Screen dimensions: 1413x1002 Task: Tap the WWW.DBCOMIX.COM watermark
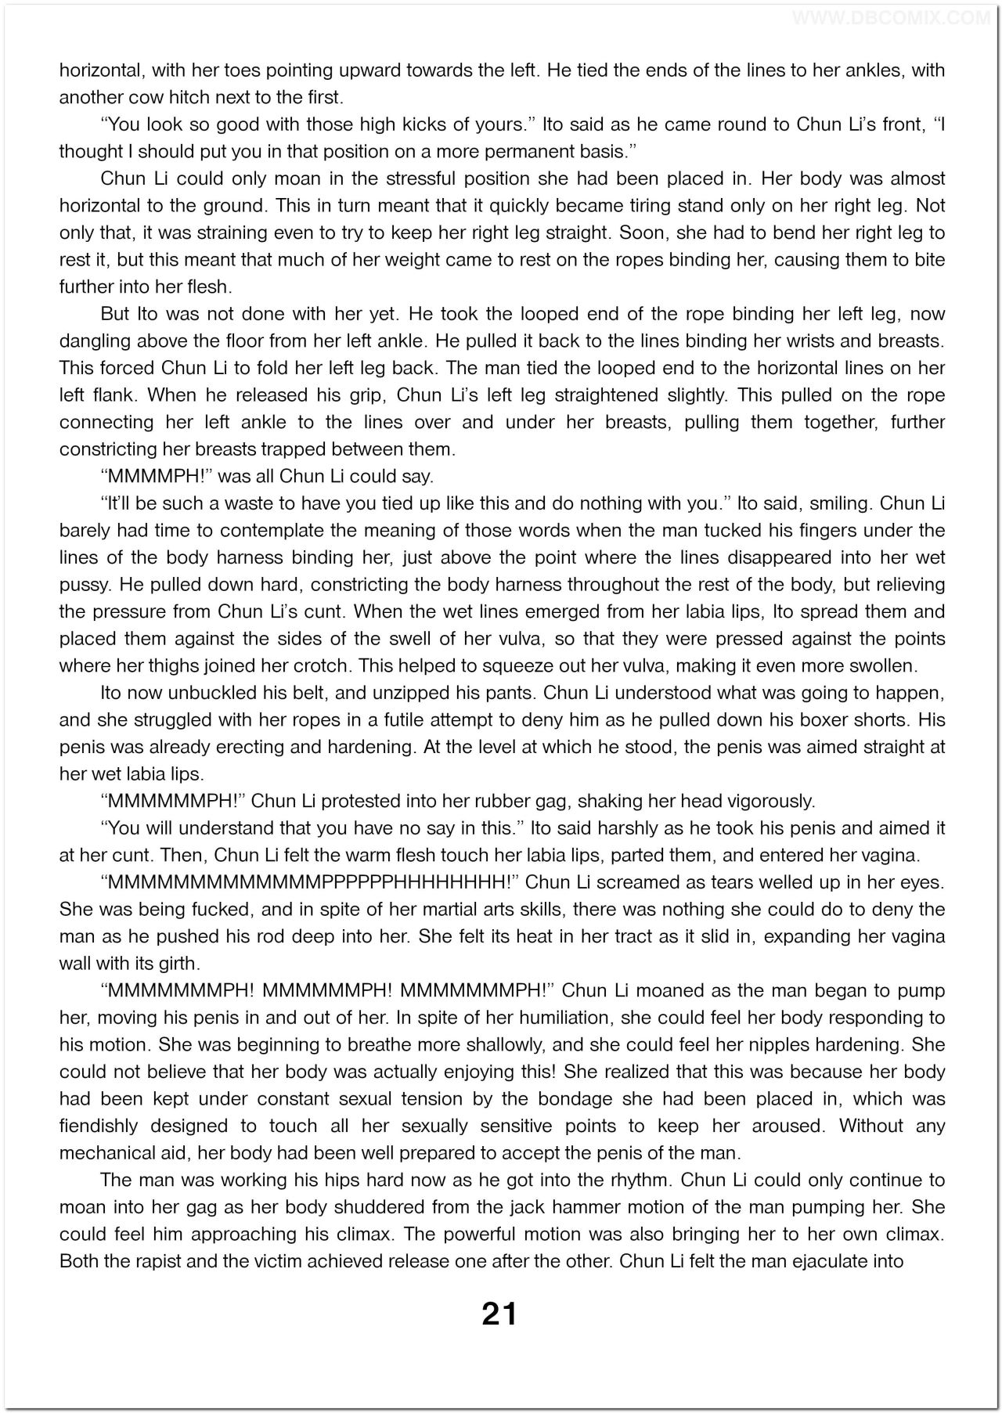pos(892,16)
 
